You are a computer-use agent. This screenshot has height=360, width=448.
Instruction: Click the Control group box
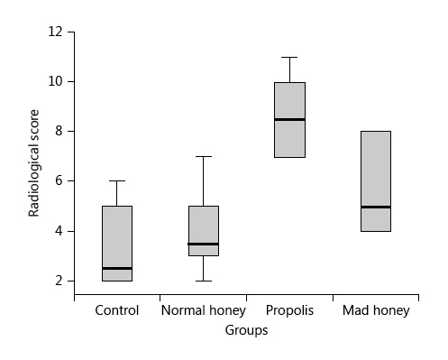tap(117, 239)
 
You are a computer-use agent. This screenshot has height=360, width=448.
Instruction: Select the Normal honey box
tap(203, 226)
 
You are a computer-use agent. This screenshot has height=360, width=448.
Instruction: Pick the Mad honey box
tap(376, 171)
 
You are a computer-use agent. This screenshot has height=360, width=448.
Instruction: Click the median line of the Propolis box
tap(289, 119)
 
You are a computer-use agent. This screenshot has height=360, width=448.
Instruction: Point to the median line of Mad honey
tap(376, 207)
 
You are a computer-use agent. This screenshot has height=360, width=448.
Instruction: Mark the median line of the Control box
tap(117, 268)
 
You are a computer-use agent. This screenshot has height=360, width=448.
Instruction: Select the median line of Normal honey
tap(203, 244)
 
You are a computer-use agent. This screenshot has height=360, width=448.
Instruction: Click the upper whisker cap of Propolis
tap(289, 57)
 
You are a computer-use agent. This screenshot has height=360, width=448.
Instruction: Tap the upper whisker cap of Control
tap(117, 181)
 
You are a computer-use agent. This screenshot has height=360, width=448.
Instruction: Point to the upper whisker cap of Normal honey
tap(203, 156)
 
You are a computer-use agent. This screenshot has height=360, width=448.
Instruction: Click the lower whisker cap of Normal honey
tap(203, 281)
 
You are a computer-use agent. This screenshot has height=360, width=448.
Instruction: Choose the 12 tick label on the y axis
tap(56, 32)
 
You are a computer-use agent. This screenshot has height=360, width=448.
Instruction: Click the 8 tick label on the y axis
tap(59, 132)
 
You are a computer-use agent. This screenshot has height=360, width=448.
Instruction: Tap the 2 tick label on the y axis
tap(59, 281)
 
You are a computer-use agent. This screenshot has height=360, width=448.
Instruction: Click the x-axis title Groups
tap(246, 331)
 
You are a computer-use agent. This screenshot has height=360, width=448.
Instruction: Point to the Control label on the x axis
tap(117, 311)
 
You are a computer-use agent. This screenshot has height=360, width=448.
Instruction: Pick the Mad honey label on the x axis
tap(376, 311)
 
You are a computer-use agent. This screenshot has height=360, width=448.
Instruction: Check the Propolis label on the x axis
tap(289, 311)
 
